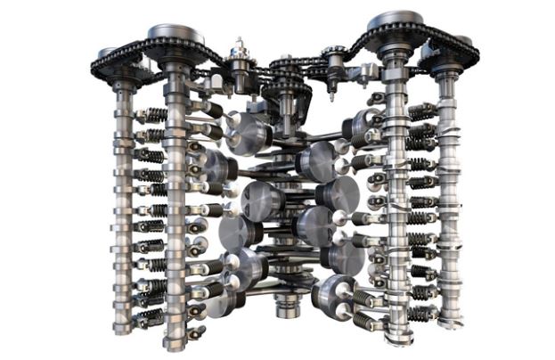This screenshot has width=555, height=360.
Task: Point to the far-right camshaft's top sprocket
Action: point(448,51)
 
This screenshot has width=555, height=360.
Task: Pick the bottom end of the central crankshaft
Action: point(286,311)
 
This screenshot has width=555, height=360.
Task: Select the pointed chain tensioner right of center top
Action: point(336,66)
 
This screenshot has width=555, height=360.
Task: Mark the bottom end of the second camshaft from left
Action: point(175,344)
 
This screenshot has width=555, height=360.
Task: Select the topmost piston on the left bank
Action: point(247,134)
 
